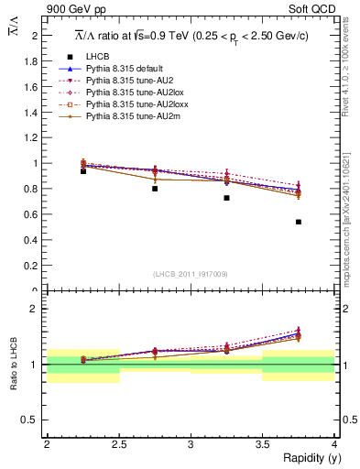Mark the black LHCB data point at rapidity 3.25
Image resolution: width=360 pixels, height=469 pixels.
(x=226, y=198)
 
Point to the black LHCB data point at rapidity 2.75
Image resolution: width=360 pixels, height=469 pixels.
(x=155, y=188)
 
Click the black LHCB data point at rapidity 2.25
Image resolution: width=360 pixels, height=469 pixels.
(x=83, y=171)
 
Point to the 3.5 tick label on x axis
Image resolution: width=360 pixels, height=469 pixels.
(x=262, y=443)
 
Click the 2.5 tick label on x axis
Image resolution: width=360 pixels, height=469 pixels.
(x=118, y=443)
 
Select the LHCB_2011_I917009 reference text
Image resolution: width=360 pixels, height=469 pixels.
(x=191, y=274)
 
